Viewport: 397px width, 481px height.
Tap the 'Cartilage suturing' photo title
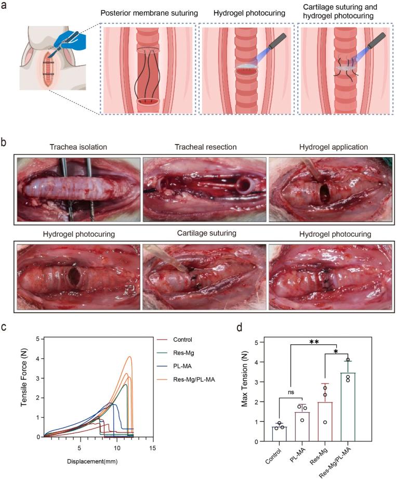(x=204, y=235)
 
